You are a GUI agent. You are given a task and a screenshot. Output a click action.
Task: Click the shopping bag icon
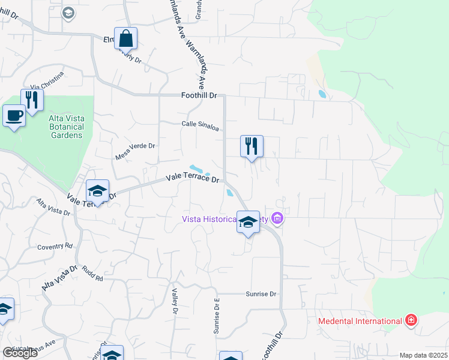click(x=125, y=38)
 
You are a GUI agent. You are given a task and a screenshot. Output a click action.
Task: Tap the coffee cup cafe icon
click(x=14, y=115)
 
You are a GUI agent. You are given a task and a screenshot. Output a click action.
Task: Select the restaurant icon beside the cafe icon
click(x=32, y=100)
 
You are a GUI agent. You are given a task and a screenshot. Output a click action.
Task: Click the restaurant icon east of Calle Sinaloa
click(x=252, y=146)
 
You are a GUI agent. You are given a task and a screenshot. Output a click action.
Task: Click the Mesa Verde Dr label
click(x=135, y=151)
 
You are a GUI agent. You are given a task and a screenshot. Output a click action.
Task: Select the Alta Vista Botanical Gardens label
click(x=65, y=127)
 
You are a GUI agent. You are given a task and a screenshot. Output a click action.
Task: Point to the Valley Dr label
click(x=175, y=301)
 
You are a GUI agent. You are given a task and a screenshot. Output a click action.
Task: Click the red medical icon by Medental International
click(x=411, y=320)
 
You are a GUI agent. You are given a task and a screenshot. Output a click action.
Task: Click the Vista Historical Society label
click(x=225, y=219)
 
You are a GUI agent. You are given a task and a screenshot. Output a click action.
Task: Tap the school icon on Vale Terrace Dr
click(x=97, y=191)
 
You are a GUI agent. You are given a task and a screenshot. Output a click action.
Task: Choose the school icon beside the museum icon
click(x=247, y=223)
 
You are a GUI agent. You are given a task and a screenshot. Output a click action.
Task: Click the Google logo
click(x=20, y=353)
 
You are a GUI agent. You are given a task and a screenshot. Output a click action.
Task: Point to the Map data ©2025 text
click(x=423, y=355)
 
